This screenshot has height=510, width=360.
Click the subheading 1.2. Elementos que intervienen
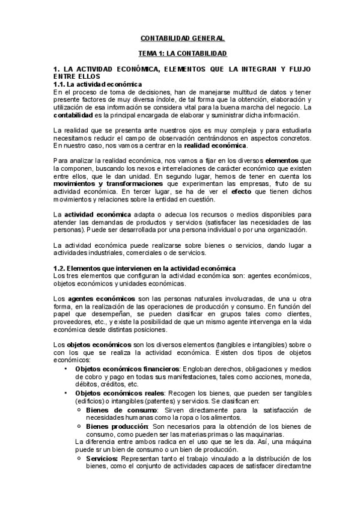pyautogui.click(x=144, y=268)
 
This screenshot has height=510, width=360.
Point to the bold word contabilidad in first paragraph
pyautogui.click(x=73, y=115)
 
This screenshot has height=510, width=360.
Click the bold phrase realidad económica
pyautogui.click(x=215, y=146)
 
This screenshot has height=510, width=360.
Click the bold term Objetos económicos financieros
pyautogui.click(x=127, y=368)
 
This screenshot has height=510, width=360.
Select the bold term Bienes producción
pyautogui.click(x=117, y=426)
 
